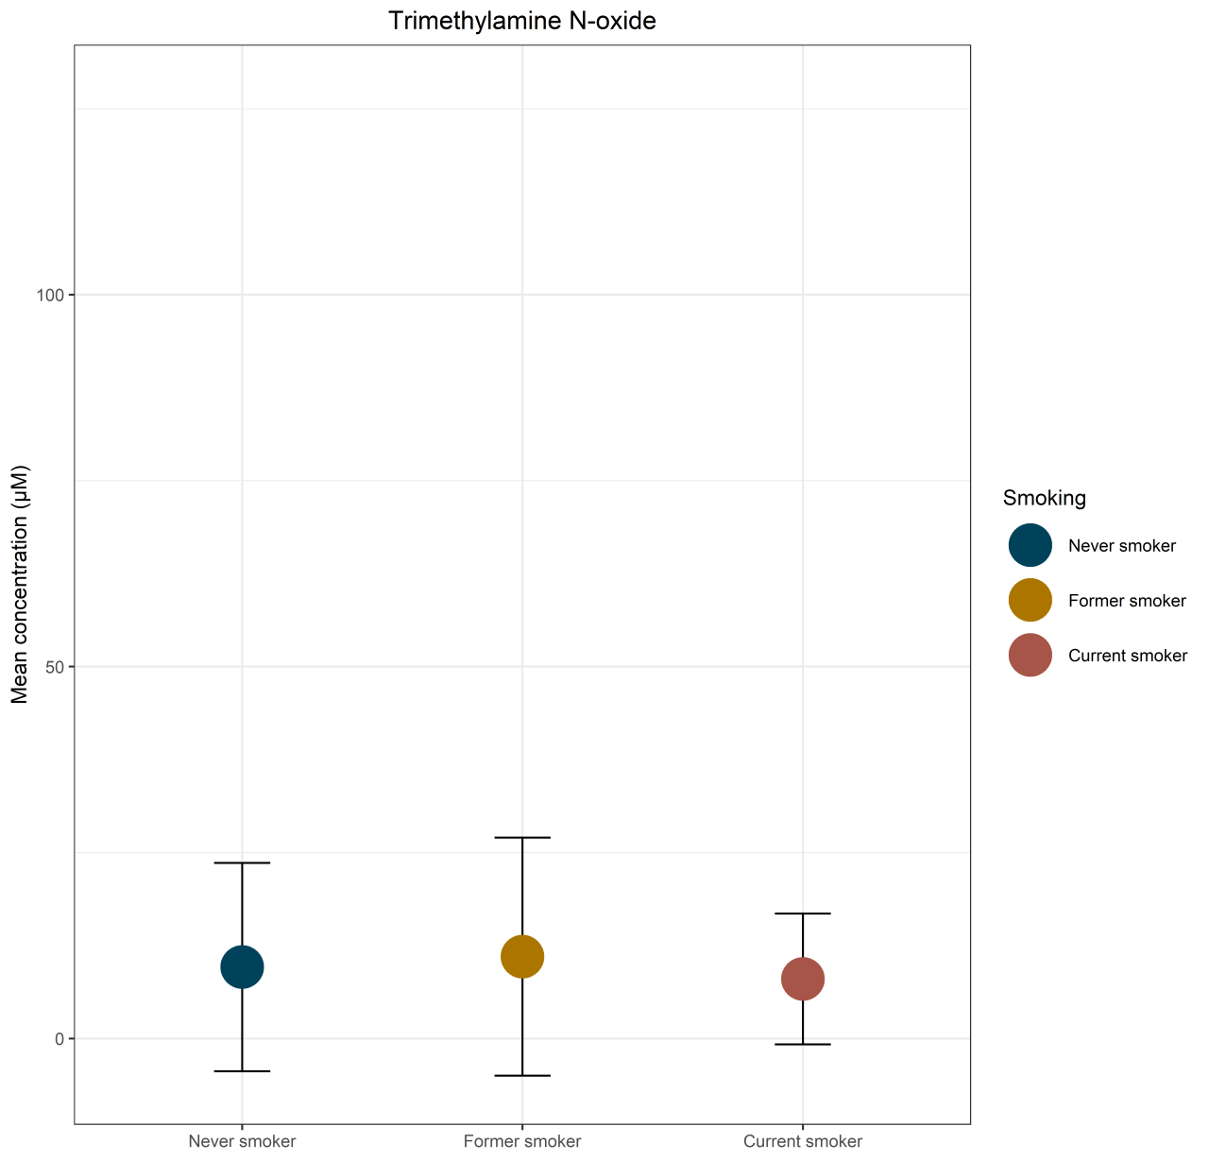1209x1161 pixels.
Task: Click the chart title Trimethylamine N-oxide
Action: pyautogui.click(x=521, y=21)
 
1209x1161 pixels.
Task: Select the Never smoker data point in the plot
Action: pyautogui.click(x=242, y=966)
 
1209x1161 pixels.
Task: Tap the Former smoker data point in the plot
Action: pyautogui.click(x=522, y=956)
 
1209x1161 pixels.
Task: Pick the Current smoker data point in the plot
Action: pyautogui.click(x=803, y=979)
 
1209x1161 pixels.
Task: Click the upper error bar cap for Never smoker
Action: pyautogui.click(x=242, y=862)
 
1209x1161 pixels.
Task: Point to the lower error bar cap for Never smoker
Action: pyautogui.click(x=242, y=1071)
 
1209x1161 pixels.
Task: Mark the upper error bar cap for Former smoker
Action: pyautogui.click(x=522, y=837)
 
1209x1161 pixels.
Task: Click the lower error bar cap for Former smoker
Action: pyautogui.click(x=522, y=1076)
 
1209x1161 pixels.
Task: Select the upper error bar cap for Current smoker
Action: pyautogui.click(x=803, y=913)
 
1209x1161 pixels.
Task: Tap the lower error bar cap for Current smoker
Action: pyautogui.click(x=803, y=1044)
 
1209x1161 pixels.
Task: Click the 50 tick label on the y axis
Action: pyautogui.click(x=54, y=667)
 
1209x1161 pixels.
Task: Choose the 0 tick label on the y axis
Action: pyautogui.click(x=59, y=1039)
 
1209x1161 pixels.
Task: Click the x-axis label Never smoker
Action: pyautogui.click(x=242, y=1141)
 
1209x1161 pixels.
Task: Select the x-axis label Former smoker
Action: pyautogui.click(x=522, y=1141)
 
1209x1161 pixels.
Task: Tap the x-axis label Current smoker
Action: pyautogui.click(x=803, y=1141)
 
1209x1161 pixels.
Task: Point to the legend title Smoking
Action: pyautogui.click(x=1044, y=498)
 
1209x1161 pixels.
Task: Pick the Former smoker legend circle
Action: pyautogui.click(x=1030, y=600)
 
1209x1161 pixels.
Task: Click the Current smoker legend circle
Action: pyautogui.click(x=1030, y=656)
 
